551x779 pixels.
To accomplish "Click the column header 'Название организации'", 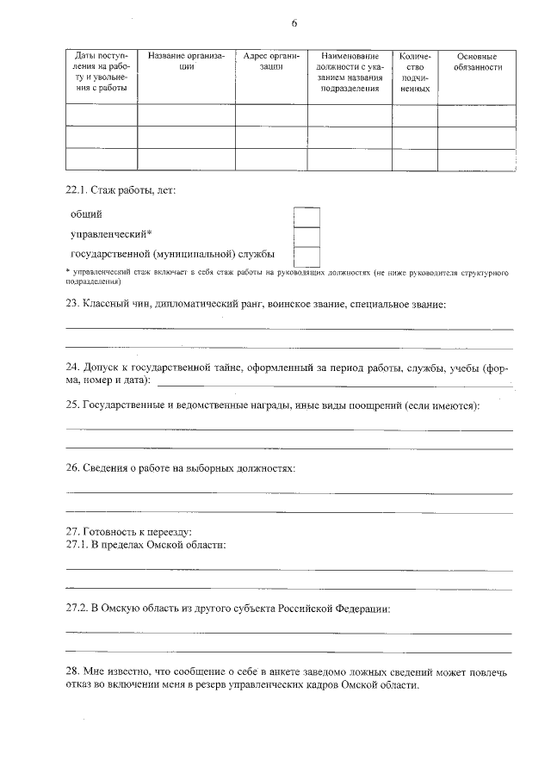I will (x=186, y=61).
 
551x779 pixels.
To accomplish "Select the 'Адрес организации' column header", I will (x=270, y=61).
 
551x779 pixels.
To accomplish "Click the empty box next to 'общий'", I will (x=306, y=216).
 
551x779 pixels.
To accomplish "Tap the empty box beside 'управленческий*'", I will (x=306, y=236).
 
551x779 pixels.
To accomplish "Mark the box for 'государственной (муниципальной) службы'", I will (x=306, y=256).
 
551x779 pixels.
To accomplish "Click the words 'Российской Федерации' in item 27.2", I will (x=335, y=609).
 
